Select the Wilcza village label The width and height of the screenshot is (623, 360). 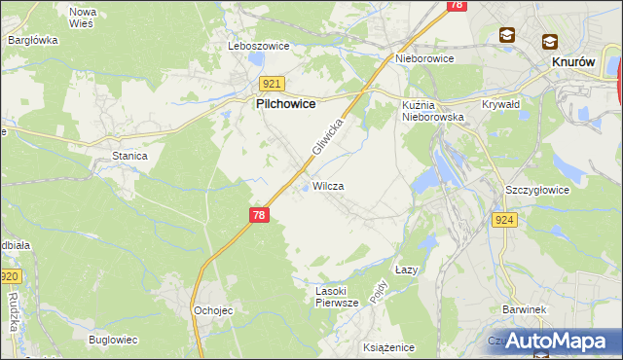[329, 185]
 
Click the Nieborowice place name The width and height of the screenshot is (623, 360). [424, 58]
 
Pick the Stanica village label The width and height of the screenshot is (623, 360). [129, 155]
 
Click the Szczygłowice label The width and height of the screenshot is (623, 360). [537, 190]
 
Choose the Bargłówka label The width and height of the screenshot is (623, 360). [33, 40]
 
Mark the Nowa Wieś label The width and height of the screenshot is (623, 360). [82, 17]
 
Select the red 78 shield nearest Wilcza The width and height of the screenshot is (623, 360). [258, 215]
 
